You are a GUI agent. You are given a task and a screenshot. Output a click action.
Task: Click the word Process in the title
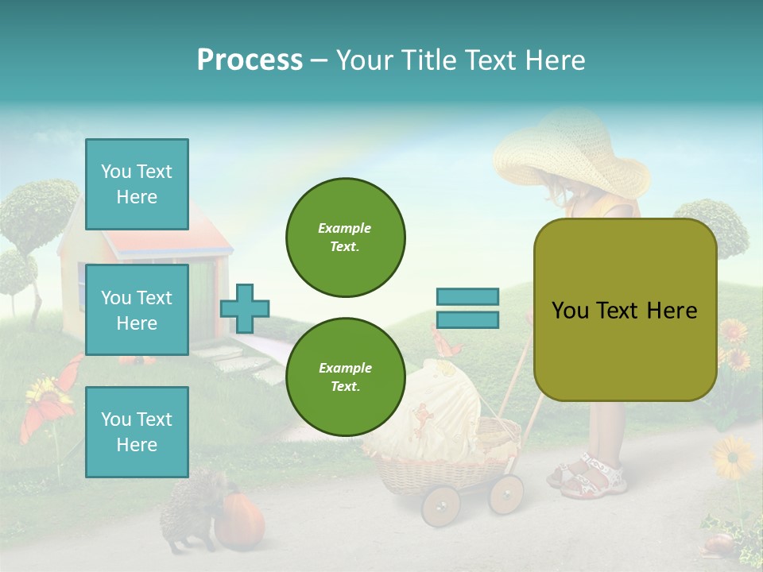[250, 60]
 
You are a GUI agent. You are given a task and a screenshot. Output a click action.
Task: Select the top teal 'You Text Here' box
[137, 184]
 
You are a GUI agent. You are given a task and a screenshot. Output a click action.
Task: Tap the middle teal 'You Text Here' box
[137, 310]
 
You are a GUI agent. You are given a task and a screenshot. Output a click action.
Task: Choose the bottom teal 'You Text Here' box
[137, 431]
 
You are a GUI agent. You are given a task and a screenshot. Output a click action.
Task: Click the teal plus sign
[245, 308]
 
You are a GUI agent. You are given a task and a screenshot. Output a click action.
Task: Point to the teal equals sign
[467, 308]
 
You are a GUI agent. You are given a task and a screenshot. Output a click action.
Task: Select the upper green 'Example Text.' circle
[345, 237]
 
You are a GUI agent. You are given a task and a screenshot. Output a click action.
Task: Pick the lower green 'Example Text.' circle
[345, 377]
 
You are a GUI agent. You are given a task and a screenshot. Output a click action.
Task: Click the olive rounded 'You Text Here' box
[625, 310]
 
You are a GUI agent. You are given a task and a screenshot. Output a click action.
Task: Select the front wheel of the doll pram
[440, 505]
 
